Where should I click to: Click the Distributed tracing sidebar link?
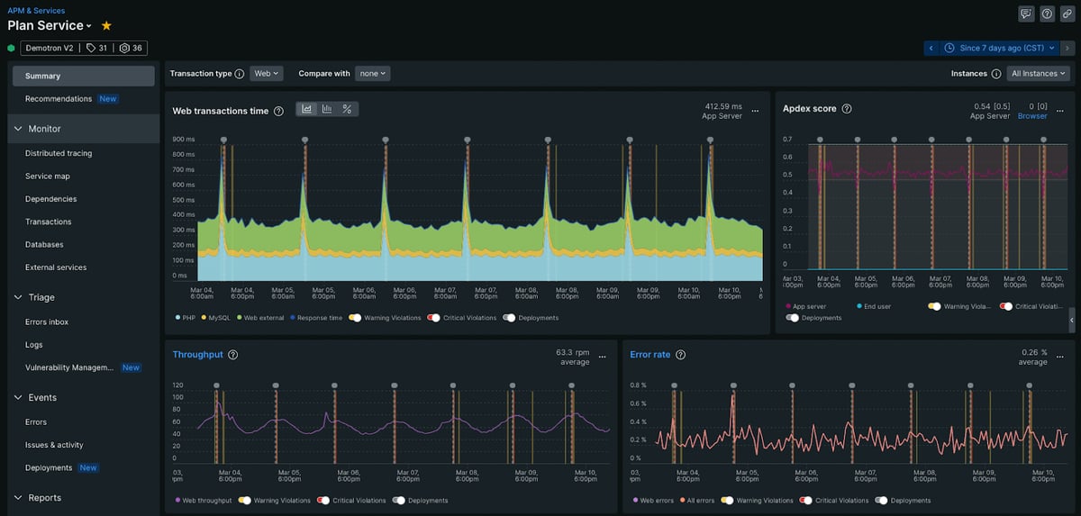click(x=58, y=153)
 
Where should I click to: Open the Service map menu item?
click(x=47, y=177)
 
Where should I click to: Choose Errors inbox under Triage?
click(x=47, y=321)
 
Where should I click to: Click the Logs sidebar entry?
click(x=34, y=345)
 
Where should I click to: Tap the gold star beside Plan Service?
click(x=106, y=26)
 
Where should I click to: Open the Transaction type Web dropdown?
click(x=266, y=74)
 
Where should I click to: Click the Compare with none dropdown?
click(x=372, y=74)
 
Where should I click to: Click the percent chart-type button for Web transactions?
click(x=347, y=109)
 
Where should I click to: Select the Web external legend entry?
click(x=262, y=318)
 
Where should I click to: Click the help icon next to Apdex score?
click(x=847, y=109)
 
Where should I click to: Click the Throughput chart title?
click(x=197, y=355)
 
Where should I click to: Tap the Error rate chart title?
click(x=650, y=355)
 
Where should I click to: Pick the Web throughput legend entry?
click(x=204, y=501)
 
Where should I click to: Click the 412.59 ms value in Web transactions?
click(x=722, y=105)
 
